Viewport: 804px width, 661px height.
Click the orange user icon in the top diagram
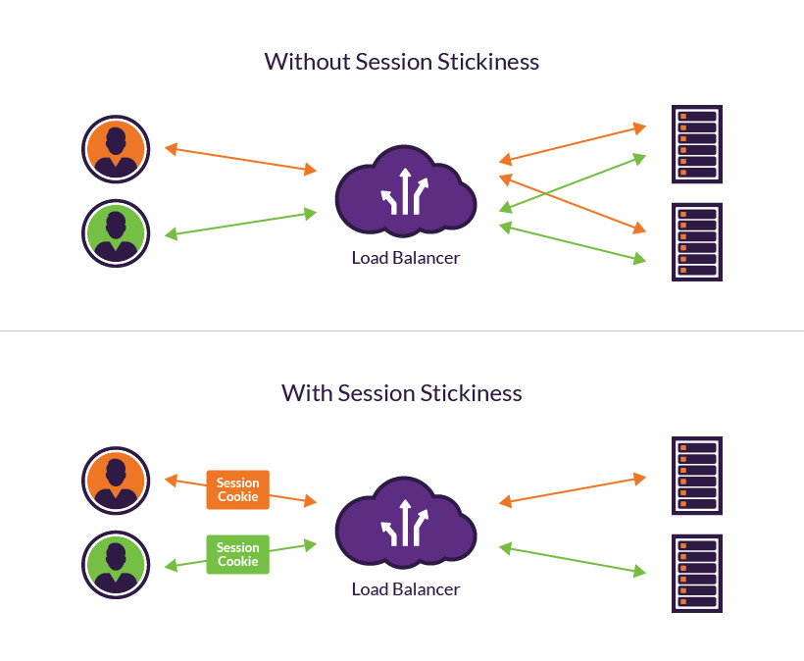click(115, 150)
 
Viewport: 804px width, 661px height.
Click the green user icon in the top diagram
click(115, 233)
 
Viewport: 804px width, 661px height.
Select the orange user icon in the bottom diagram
click(115, 482)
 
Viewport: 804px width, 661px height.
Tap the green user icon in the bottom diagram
click(115, 565)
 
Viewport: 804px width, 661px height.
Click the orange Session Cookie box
click(237, 489)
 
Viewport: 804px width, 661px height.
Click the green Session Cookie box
click(237, 554)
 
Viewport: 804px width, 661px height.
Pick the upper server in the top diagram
click(696, 144)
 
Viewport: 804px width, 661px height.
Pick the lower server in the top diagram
click(696, 242)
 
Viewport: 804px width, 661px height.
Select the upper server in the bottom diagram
click(696, 476)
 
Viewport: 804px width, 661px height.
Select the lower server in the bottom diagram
click(696, 574)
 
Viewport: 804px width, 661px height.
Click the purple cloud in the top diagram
click(405, 192)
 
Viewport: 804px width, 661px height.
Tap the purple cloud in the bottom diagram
click(405, 524)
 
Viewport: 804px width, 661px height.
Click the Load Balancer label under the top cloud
click(405, 259)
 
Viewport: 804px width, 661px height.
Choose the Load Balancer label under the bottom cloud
click(405, 590)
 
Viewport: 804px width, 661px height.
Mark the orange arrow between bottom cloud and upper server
click(573, 490)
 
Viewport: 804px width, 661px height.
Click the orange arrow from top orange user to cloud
click(240, 160)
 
